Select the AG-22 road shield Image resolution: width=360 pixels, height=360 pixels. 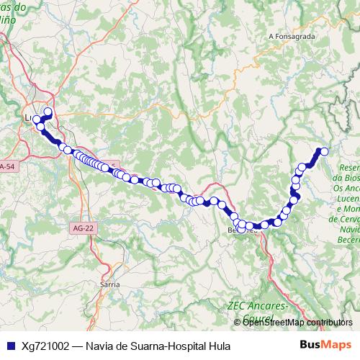(83, 228)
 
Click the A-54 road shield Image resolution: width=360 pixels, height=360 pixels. (6, 167)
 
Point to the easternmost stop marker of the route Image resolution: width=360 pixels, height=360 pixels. (324, 151)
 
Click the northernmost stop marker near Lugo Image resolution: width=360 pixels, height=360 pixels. (48, 112)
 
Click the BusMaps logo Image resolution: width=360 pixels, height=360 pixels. (326, 346)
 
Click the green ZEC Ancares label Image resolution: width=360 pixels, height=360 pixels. (256, 306)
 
